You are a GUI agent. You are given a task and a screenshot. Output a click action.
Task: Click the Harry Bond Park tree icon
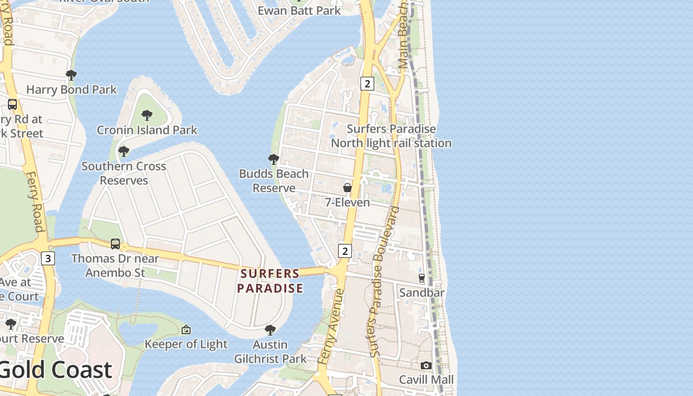[x=71, y=75]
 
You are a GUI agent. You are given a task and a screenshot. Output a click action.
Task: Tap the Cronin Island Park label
[x=147, y=130]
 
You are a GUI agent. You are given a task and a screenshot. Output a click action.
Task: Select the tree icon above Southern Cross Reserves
[x=124, y=151]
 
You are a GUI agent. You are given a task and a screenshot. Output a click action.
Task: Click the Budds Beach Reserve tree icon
[x=273, y=159]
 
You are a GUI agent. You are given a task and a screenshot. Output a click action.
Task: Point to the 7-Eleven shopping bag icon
[x=347, y=188]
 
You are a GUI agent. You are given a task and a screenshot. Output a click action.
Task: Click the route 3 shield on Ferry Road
[x=48, y=258]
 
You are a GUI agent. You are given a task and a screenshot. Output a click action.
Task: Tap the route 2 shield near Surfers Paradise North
[x=367, y=83]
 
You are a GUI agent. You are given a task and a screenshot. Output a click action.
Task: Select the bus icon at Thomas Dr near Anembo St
[x=115, y=244]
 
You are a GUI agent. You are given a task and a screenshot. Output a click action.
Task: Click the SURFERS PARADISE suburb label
[x=270, y=281]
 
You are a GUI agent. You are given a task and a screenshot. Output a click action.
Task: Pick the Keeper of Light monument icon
[x=186, y=329]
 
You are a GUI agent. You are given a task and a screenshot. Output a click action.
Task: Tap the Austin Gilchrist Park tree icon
[x=270, y=330]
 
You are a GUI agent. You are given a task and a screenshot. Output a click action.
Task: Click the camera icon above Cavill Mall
[x=426, y=365]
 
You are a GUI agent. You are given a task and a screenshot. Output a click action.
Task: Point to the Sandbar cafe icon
[x=422, y=278]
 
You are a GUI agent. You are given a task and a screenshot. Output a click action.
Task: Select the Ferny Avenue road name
[x=331, y=327]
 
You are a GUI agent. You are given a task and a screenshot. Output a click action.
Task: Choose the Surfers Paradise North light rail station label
[x=391, y=136]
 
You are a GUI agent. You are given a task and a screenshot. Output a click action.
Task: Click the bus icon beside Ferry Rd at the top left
[x=12, y=104]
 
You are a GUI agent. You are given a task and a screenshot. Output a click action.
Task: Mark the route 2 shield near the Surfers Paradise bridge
[x=345, y=250]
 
